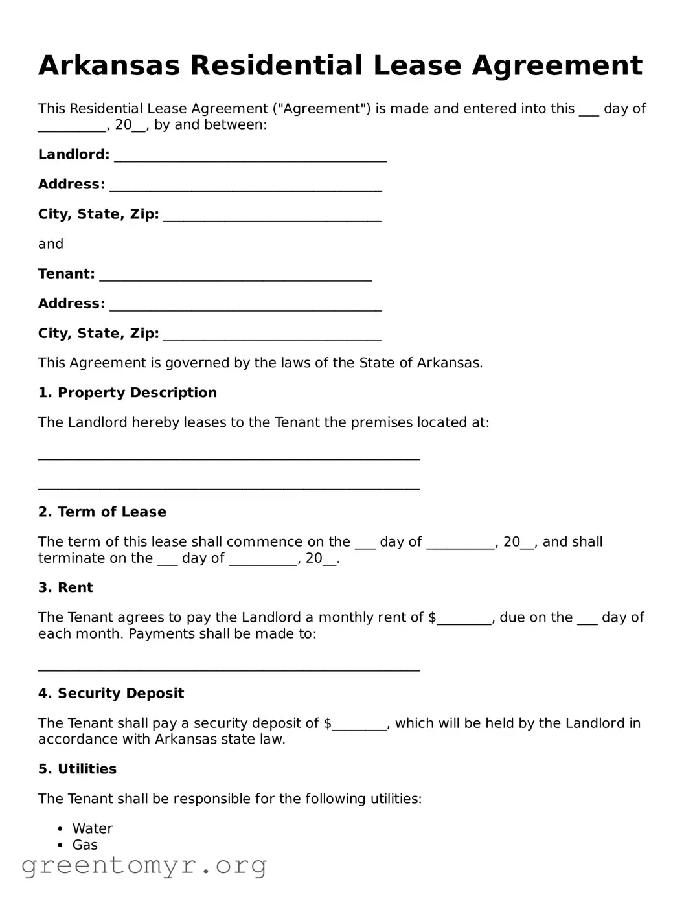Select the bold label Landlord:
click(74, 154)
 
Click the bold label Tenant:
click(66, 273)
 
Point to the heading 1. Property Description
click(127, 393)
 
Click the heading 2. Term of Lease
click(102, 512)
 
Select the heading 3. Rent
click(65, 587)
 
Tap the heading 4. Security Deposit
click(111, 693)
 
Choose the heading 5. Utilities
click(77, 769)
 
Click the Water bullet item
click(93, 828)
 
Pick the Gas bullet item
click(85, 845)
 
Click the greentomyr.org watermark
click(144, 865)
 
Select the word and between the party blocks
click(51, 244)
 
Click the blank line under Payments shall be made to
click(229, 668)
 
